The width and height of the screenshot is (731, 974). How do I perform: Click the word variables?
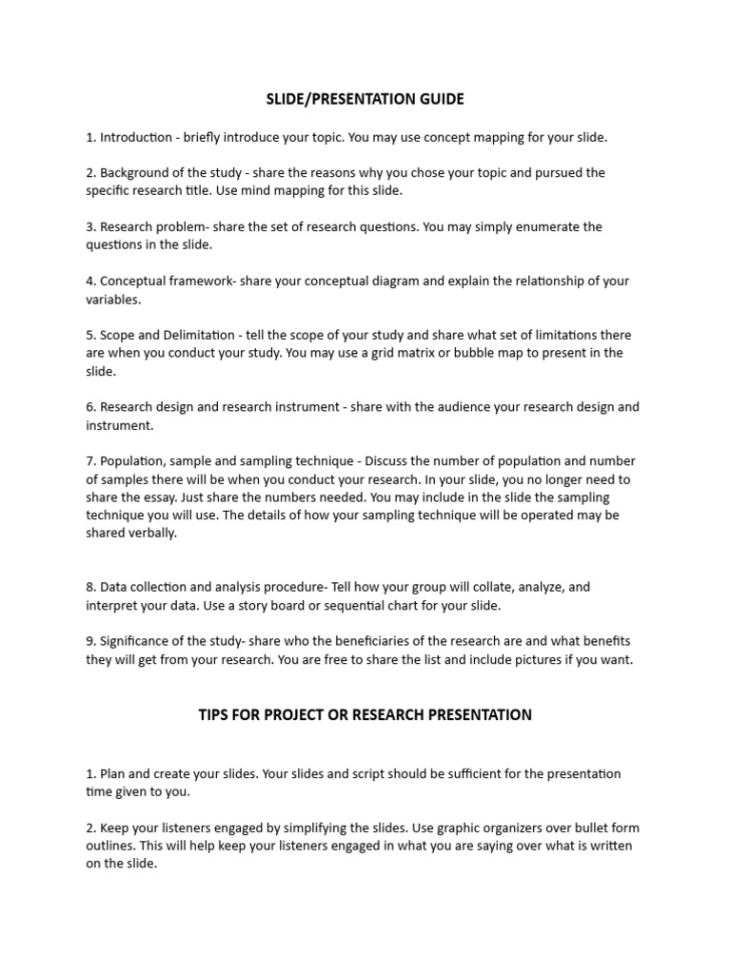(x=113, y=299)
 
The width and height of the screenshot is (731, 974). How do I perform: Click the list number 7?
(x=89, y=461)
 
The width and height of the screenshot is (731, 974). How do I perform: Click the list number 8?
(x=89, y=588)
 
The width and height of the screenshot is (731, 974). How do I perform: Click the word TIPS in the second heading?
(x=214, y=714)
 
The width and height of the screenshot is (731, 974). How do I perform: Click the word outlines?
(x=112, y=846)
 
